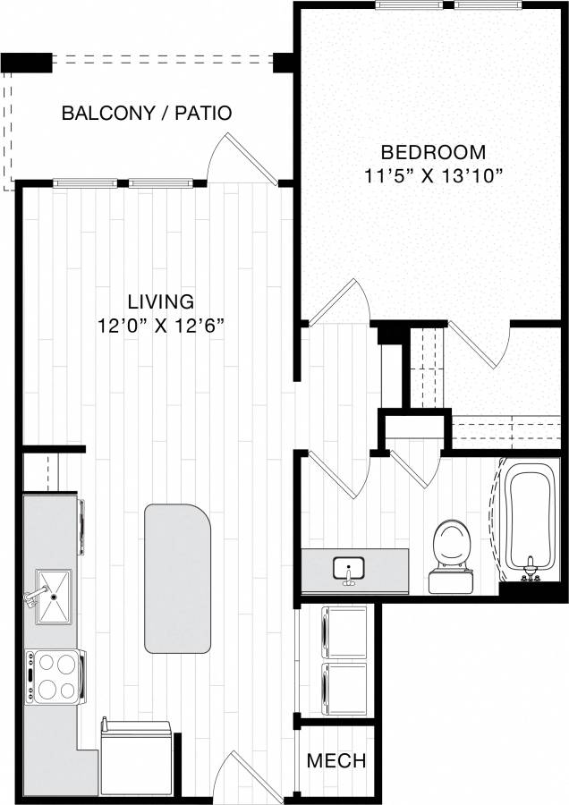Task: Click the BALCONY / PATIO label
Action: (x=147, y=114)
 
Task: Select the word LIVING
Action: (x=160, y=301)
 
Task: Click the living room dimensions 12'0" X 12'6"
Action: (x=160, y=325)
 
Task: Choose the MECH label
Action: (x=336, y=761)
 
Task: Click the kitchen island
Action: (x=178, y=578)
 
